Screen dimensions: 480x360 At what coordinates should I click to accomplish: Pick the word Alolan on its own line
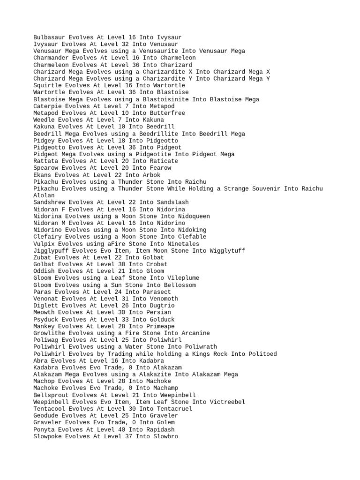(x=44, y=195)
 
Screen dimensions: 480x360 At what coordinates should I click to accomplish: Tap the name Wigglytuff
(x=227, y=251)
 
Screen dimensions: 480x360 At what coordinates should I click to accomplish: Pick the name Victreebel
(x=227, y=402)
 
